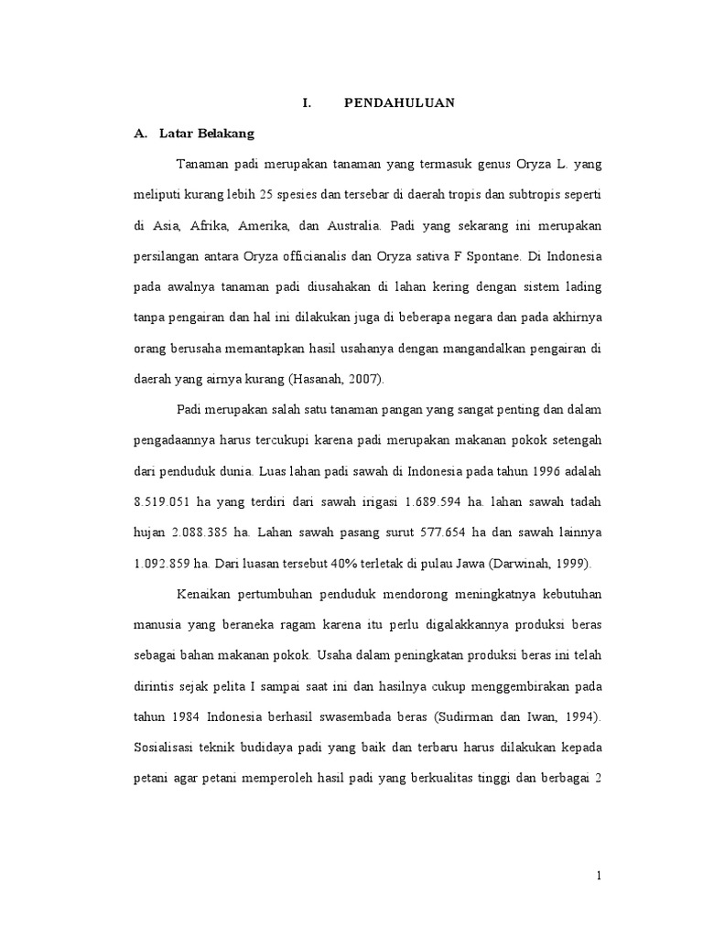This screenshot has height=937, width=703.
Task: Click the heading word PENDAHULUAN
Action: [399, 103]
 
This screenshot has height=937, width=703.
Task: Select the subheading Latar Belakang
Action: [207, 134]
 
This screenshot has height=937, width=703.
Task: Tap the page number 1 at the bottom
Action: [599, 876]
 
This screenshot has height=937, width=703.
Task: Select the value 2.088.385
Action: [201, 532]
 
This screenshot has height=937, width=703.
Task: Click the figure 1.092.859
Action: [168, 563]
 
